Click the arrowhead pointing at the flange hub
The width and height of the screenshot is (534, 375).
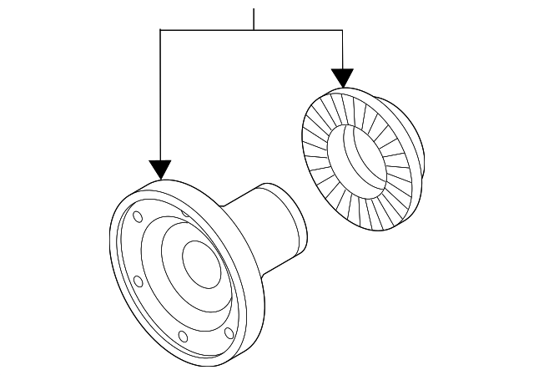pos(159,170)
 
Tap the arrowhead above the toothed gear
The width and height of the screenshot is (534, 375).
pos(342,78)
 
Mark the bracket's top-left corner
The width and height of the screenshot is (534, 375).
pos(159,30)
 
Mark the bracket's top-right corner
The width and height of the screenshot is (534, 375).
pos(342,30)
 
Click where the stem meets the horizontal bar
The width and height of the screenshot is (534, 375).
pos(254,30)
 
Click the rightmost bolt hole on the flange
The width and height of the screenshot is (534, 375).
pos(229,334)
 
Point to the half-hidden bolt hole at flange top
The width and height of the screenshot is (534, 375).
pos(185,210)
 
